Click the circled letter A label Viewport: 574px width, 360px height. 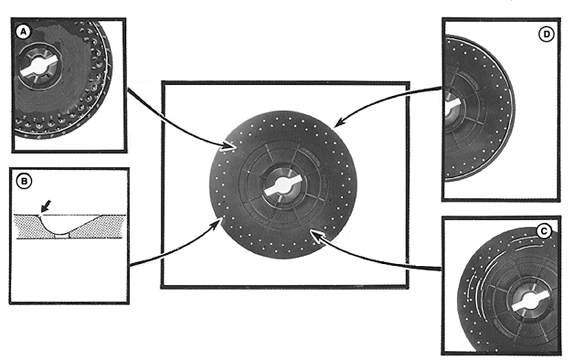[23, 32]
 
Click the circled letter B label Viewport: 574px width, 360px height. [24, 182]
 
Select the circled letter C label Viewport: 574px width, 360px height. [544, 231]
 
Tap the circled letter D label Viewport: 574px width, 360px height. [546, 34]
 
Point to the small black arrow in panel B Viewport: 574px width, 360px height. [46, 206]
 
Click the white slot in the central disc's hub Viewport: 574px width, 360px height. [284, 184]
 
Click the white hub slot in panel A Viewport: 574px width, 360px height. [37, 67]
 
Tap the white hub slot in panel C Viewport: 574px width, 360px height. [531, 300]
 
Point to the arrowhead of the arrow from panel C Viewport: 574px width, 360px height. [315, 235]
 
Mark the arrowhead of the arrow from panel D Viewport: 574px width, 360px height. [339, 122]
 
